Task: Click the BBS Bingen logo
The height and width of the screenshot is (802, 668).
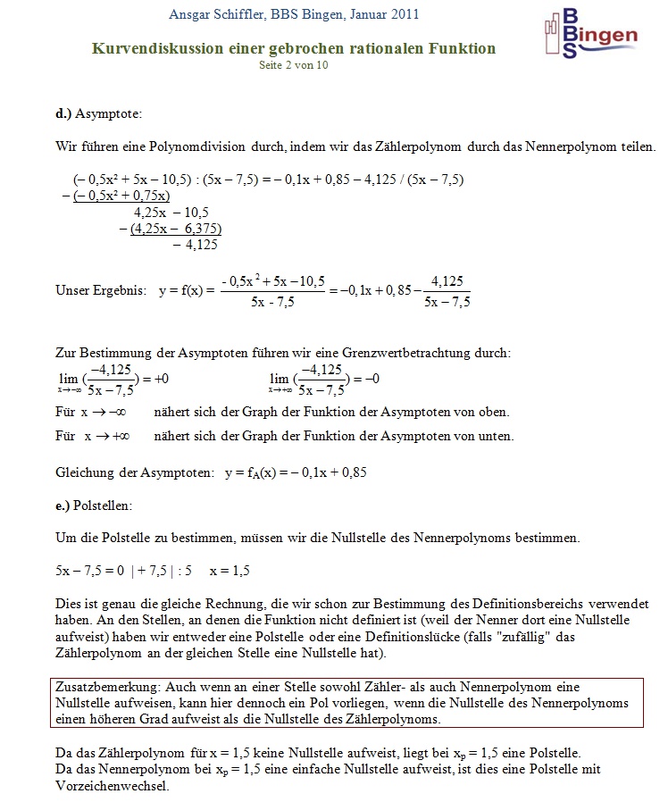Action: coord(590,34)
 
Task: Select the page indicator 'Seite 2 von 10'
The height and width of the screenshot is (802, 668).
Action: coord(294,65)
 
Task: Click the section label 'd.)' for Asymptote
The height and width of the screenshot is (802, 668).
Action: coord(63,114)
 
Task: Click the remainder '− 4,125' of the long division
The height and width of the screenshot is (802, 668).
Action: coord(196,244)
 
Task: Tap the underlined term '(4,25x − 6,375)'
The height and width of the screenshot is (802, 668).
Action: coord(175,228)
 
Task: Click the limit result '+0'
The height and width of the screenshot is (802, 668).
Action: coord(162,379)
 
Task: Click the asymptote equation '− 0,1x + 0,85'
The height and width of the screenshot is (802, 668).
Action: coord(321,472)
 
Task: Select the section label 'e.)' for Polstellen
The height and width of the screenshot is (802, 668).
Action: coord(63,505)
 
